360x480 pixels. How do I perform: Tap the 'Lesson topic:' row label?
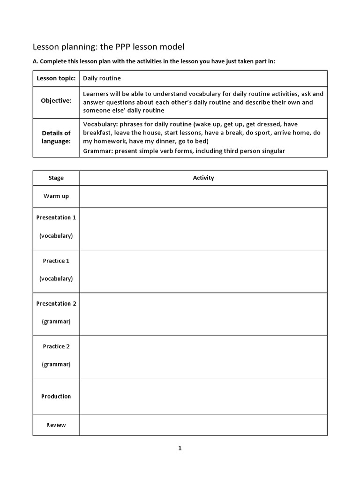pos(56,78)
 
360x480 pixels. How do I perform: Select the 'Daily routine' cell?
pos(102,78)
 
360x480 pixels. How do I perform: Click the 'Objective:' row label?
pos(56,101)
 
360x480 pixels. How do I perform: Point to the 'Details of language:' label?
pos(56,137)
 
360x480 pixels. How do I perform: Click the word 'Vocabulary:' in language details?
pos(100,124)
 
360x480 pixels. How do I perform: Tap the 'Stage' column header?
pos(56,178)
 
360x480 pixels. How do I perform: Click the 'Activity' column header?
pos(203,178)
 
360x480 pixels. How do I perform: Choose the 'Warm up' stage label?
pos(56,196)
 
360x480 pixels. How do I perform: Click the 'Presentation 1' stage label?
pos(56,217)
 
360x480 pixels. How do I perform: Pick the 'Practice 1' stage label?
pos(56,261)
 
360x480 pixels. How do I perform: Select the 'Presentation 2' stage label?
pos(56,303)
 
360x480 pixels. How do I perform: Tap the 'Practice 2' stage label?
pos(56,346)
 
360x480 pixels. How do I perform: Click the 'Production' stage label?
pos(56,396)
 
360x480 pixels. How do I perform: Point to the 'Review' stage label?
pos(56,425)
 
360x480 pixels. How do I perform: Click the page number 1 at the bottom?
pos(180,448)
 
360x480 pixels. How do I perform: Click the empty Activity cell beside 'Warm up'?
pos(203,196)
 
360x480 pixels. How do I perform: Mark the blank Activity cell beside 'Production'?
pos(203,396)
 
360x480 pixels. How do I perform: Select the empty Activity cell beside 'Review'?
pos(203,425)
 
